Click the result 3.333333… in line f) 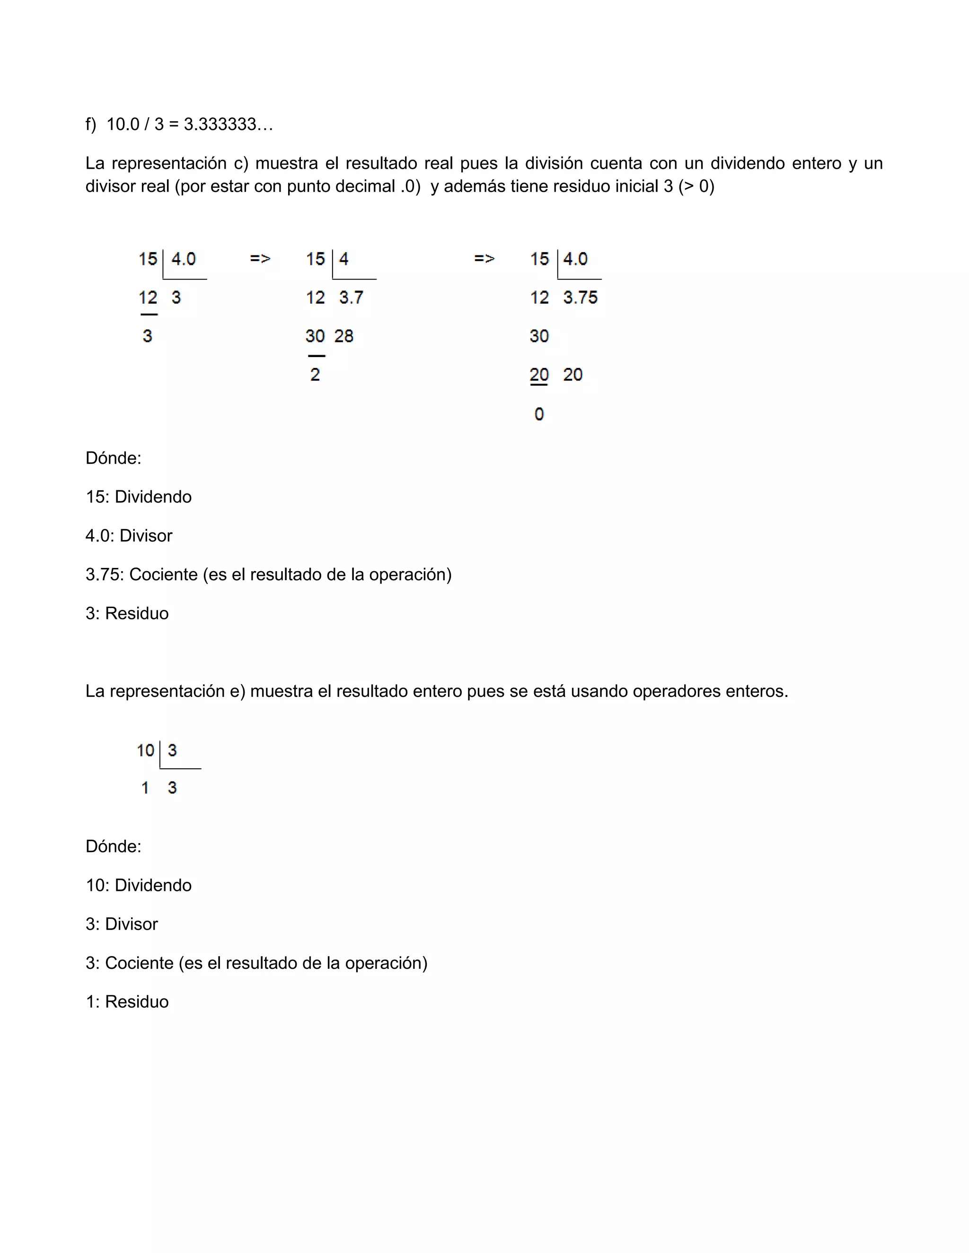(228, 124)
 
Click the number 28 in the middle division (344, 336)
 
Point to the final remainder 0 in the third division (538, 414)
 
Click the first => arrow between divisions (260, 259)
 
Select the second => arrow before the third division (484, 259)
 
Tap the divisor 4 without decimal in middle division (344, 259)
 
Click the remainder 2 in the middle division (315, 374)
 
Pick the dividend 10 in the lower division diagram (145, 750)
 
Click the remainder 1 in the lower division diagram (145, 788)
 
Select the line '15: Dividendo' (138, 497)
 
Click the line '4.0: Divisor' (129, 535)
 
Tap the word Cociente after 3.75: (163, 574)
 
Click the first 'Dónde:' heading (113, 458)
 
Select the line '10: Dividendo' (138, 885)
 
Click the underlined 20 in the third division (538, 374)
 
